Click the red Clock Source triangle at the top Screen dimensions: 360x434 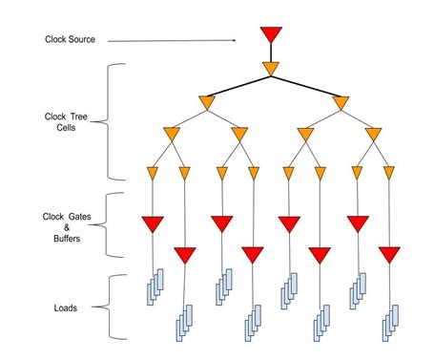pos(270,35)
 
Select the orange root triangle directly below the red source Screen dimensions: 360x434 pos(270,69)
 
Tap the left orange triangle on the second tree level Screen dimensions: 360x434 pos(207,102)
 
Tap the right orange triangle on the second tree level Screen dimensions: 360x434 pos(341,102)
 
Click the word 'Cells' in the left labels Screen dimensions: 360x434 pos(68,129)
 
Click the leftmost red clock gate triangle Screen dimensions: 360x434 pos(153,224)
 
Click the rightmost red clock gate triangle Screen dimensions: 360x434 pos(389,255)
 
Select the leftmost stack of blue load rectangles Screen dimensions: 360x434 pos(155,286)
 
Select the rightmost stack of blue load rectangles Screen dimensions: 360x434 pos(392,322)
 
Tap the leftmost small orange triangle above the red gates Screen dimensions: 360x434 pos(153,173)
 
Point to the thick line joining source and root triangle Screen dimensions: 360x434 pos(270,53)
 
